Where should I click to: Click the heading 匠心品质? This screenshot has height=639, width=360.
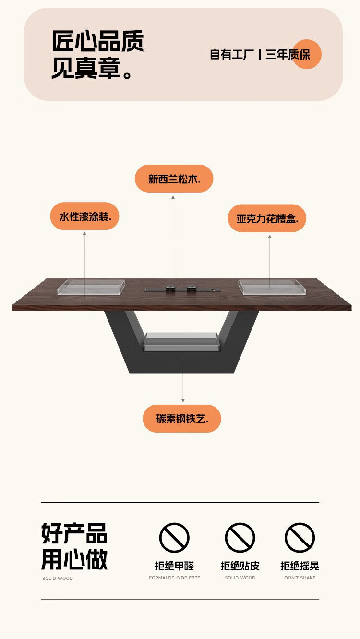tap(97, 41)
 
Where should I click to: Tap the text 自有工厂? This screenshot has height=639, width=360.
tap(232, 54)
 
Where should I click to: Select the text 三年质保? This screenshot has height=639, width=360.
tap(288, 54)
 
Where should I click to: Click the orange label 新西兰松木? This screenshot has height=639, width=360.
tap(174, 179)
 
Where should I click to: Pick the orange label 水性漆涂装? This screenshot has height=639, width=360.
tap(84, 216)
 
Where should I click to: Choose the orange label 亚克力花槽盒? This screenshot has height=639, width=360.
tap(267, 218)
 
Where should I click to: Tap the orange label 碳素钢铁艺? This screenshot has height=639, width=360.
tap(182, 419)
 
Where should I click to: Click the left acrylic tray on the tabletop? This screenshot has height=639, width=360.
tap(91, 287)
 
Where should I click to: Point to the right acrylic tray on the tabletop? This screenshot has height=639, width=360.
tap(272, 287)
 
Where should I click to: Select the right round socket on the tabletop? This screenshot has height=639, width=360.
tap(191, 288)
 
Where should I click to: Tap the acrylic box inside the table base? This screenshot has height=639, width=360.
tap(182, 341)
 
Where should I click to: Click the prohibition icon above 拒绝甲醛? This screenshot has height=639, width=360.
tap(174, 537)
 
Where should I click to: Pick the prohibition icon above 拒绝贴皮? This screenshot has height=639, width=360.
tap(240, 537)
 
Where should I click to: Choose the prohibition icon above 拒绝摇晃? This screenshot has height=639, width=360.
tap(300, 537)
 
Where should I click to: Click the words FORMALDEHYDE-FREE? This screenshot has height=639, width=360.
tap(174, 578)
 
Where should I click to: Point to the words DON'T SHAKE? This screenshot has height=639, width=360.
tap(300, 578)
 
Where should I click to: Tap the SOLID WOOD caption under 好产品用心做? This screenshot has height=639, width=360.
tap(57, 578)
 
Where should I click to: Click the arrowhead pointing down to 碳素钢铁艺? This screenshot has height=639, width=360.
tap(183, 400)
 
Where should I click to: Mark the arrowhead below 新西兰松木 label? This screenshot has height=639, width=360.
tap(173, 197)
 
